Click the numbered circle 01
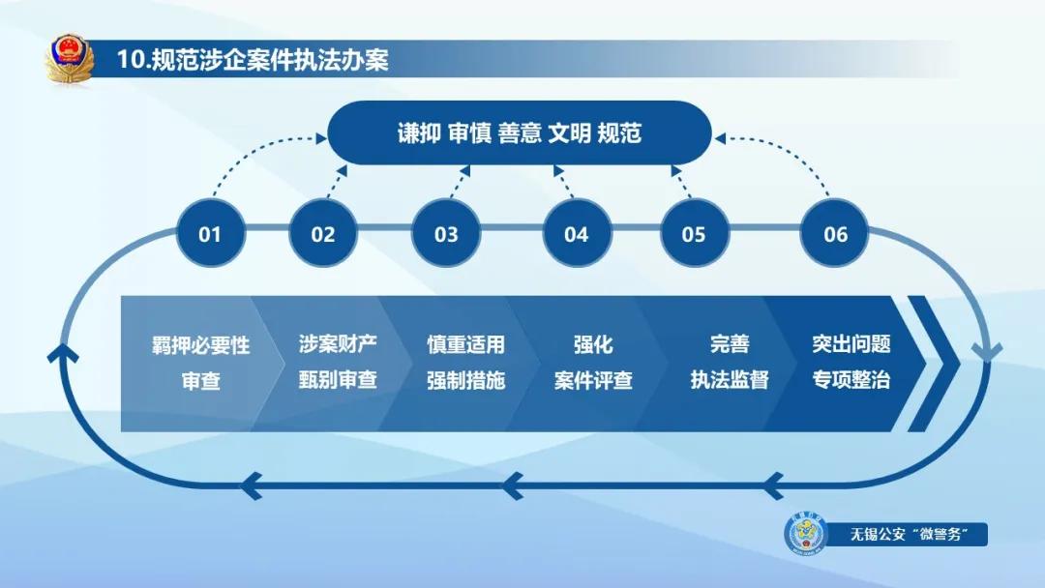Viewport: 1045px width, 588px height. [210, 234]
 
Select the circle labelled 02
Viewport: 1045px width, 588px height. [322, 234]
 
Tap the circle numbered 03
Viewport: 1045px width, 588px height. [446, 234]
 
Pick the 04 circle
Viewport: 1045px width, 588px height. [576, 234]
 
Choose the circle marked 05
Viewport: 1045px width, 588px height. [694, 234]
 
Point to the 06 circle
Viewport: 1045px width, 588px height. [835, 234]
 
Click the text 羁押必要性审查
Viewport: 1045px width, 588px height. [200, 363]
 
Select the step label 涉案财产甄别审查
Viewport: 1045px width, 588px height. [337, 363]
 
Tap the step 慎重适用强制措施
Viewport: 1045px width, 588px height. [465, 363]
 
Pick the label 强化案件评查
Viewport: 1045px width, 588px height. [592, 363]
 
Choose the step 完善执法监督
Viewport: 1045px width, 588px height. [729, 363]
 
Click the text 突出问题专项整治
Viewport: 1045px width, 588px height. [851, 363]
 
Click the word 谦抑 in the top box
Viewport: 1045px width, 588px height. [419, 133]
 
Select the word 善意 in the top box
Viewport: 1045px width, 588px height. [520, 133]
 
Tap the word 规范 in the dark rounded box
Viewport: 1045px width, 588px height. [619, 133]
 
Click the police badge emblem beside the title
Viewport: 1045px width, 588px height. [69, 59]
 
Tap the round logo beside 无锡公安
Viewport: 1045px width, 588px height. [805, 534]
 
